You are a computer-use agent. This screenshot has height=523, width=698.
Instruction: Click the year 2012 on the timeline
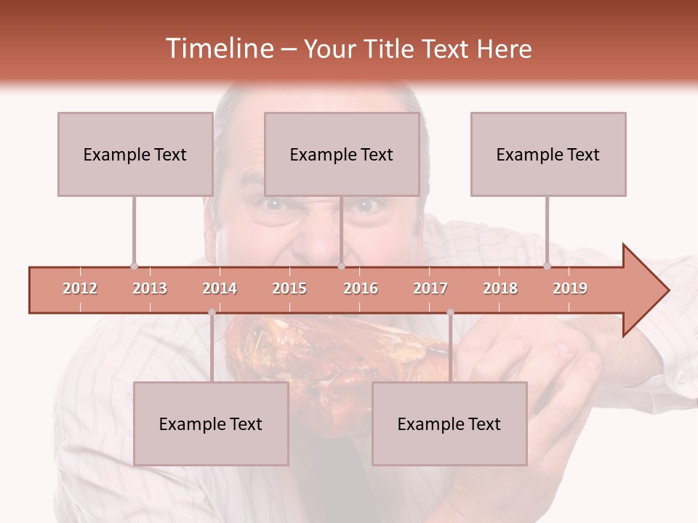point(80,288)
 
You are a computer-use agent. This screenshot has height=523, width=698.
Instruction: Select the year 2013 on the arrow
point(150,288)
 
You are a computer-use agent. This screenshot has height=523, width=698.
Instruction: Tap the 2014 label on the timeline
point(220,288)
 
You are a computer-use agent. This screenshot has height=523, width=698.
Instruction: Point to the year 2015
point(289,288)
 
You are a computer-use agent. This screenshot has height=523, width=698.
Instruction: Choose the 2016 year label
point(361,288)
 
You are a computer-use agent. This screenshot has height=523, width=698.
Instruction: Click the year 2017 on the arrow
point(430,288)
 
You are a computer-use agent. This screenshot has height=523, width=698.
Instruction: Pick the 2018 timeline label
point(500,288)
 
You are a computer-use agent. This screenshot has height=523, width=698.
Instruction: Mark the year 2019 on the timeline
point(570,288)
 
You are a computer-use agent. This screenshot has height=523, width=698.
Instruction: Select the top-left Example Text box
point(135,154)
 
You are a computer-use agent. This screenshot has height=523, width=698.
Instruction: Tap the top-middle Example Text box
point(342,154)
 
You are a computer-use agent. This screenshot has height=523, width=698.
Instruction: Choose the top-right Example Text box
point(548,154)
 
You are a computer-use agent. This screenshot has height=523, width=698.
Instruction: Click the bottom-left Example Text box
point(211,423)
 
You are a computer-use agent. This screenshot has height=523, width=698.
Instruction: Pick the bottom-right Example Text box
point(449,423)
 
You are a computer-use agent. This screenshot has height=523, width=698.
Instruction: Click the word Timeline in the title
point(217,49)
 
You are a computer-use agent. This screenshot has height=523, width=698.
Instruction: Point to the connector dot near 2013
point(134,266)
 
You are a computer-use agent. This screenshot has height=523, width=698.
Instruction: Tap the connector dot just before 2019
point(547,266)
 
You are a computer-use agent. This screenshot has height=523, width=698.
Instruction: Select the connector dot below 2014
point(212,312)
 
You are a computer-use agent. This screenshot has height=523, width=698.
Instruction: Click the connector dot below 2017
point(450,312)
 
